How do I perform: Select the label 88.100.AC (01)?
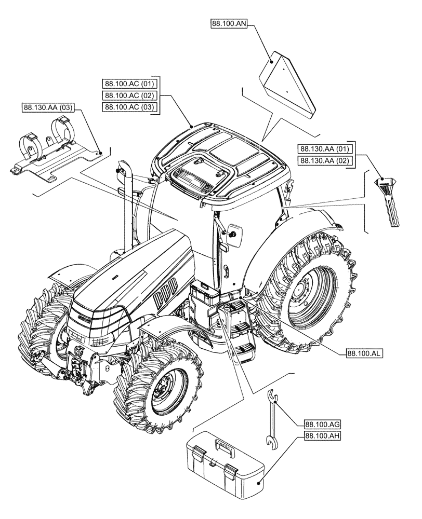point(130,84)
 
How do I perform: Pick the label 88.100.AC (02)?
point(130,95)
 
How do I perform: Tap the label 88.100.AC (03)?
point(130,107)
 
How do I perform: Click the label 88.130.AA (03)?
point(48,108)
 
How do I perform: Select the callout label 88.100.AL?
point(364,353)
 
